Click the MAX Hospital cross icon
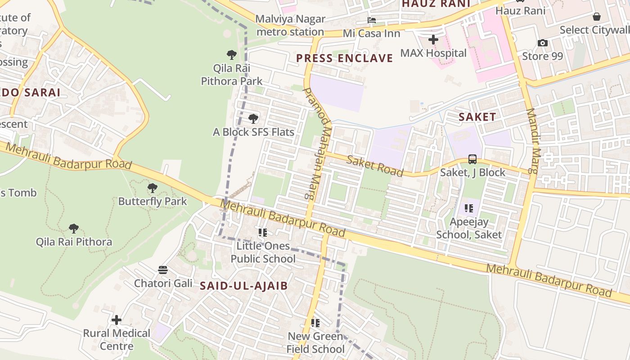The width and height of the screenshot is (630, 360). point(433,40)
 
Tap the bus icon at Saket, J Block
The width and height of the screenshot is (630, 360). point(472,159)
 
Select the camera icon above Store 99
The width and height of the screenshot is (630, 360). point(543,43)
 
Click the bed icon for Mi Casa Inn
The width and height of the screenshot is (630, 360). point(372,20)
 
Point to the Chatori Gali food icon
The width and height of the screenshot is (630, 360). point(163,270)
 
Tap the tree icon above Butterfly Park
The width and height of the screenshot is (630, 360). point(153,188)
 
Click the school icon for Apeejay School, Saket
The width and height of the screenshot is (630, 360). point(469,208)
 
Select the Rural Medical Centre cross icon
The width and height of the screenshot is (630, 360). point(117,320)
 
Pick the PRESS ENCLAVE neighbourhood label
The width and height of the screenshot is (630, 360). point(344,58)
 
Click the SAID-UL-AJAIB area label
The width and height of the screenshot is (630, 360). point(243,285)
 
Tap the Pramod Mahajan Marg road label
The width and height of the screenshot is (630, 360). point(318,144)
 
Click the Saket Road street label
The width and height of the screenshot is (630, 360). point(375,165)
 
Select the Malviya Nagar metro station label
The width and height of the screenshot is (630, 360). point(290,25)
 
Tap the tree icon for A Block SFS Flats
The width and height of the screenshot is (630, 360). point(253,119)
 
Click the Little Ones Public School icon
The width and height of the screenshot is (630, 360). point(263,233)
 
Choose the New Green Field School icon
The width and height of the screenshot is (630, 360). point(315,323)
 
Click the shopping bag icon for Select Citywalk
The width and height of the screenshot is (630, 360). point(596,17)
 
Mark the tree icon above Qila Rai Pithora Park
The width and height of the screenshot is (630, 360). point(232,55)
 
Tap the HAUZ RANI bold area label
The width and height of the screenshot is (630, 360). point(436,4)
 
